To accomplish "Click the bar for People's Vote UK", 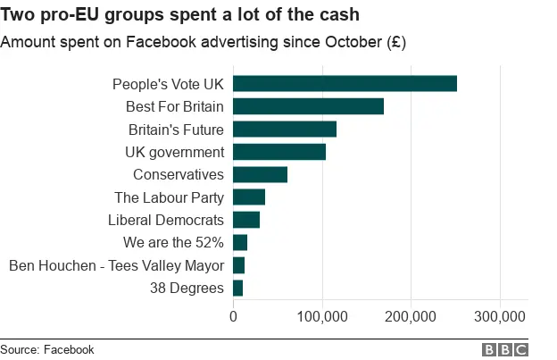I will [x=345, y=84].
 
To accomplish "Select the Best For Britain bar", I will [x=308, y=106].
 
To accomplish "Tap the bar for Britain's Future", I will [x=285, y=130].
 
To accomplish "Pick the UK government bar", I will [x=279, y=152].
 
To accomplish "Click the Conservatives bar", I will [x=260, y=174].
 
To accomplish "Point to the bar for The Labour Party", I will [x=249, y=197].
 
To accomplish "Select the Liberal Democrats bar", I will [x=246, y=220].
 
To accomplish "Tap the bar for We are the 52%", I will [x=240, y=242].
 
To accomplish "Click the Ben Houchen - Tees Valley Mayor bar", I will [x=238, y=265].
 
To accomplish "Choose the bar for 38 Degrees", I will [x=237, y=288].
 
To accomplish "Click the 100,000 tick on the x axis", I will [x=322, y=315].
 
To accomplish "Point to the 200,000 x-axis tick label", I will [x=411, y=315].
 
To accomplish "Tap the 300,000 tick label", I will [x=500, y=315].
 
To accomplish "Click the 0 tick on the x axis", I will [x=233, y=315].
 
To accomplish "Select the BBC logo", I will [x=505, y=350].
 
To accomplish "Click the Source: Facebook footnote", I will [x=47, y=350].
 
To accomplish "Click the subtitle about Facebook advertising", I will [x=204, y=43].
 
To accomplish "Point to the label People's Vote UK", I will [x=168, y=84].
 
